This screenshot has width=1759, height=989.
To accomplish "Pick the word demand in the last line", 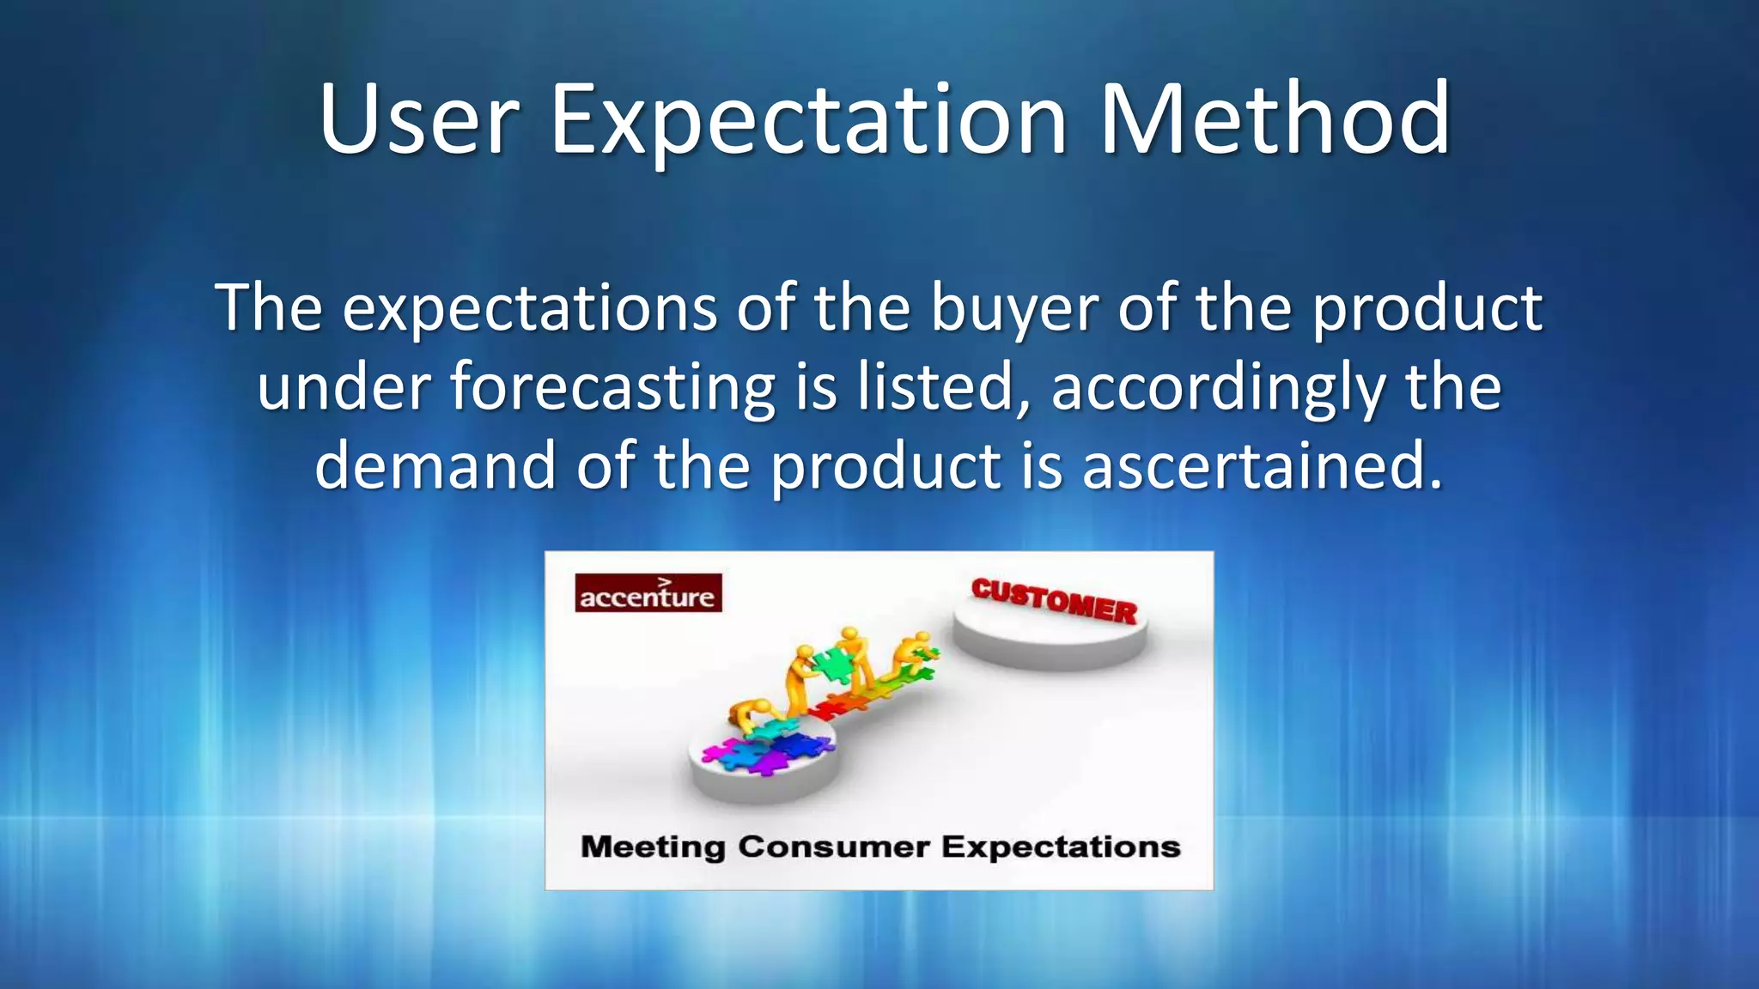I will click(x=435, y=465).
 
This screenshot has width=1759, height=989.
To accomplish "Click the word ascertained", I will click(x=1261, y=465).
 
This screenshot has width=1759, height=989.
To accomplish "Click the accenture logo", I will click(x=648, y=593).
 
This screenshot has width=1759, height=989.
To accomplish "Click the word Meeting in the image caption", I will click(x=653, y=846).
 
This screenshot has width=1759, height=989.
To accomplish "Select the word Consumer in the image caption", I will click(x=833, y=846).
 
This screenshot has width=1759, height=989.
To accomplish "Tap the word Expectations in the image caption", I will click(x=1061, y=846).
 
